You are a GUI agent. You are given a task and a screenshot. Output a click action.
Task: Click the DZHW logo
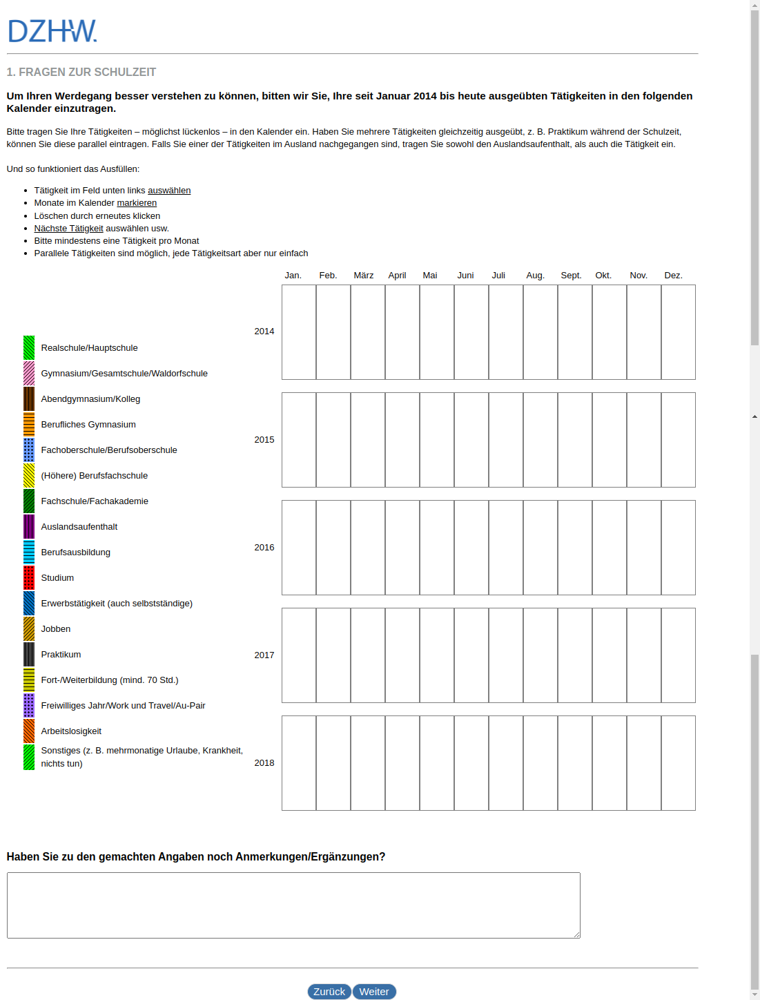point(52,31)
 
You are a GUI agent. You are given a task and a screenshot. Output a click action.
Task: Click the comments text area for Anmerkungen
point(293,905)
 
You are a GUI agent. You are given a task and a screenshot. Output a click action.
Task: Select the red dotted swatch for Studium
point(29,578)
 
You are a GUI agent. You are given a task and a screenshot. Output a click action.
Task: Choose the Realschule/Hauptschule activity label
point(89,348)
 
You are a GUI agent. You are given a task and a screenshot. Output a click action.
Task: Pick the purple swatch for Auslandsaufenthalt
point(29,527)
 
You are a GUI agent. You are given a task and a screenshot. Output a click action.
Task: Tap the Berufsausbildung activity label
point(75,552)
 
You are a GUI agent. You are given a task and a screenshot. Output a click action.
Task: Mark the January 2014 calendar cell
point(299,332)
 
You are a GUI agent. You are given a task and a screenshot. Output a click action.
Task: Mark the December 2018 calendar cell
point(678,763)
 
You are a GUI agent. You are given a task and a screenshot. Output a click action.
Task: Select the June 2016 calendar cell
point(471,548)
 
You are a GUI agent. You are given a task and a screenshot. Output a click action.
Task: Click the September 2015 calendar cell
point(574,440)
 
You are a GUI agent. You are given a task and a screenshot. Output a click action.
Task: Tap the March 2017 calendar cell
point(368,655)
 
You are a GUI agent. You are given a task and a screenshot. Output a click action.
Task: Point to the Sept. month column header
point(571,276)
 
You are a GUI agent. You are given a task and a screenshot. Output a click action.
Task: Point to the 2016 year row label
point(264,548)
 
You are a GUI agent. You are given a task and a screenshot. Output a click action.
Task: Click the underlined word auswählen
point(169,191)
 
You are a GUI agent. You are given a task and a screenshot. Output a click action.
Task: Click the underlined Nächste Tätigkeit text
point(68,229)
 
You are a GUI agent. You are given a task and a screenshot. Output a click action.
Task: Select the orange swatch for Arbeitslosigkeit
point(29,731)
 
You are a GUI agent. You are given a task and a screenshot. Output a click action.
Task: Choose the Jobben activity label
point(55,629)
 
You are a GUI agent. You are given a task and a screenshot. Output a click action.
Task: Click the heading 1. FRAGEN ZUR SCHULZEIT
point(81,73)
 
